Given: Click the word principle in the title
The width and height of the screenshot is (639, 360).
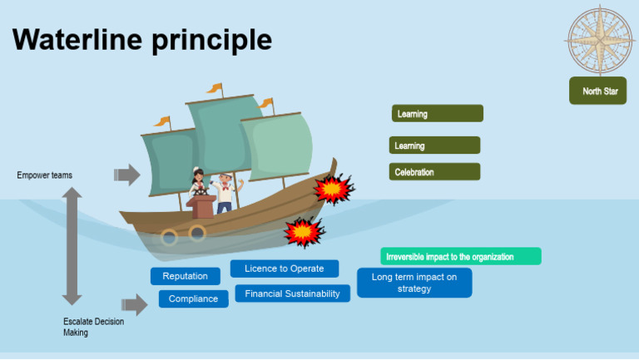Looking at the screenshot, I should click(x=211, y=39).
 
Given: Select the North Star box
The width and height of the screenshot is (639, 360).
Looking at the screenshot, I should click(x=598, y=91).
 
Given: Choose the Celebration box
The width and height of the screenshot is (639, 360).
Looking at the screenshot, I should click(x=434, y=172).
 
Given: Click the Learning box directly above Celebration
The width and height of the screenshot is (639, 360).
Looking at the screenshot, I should click(x=434, y=145).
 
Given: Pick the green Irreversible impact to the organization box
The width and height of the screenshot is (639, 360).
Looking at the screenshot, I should click(x=461, y=257).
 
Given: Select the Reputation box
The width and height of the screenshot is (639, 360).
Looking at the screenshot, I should click(x=185, y=276).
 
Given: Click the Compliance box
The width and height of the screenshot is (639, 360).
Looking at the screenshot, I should click(x=193, y=298).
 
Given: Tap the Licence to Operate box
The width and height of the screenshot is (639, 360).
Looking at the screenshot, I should click(x=284, y=269).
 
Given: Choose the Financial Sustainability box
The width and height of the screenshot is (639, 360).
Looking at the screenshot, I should click(x=292, y=293).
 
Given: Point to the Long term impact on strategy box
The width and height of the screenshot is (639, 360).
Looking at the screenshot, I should click(x=414, y=283).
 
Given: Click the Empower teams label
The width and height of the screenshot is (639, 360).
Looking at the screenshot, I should click(x=44, y=175).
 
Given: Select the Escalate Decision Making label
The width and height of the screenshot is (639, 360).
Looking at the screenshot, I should click(x=93, y=327).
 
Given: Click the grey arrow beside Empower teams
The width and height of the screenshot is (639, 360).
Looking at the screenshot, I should click(x=127, y=175).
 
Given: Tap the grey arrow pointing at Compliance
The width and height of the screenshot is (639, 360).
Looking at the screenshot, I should click(x=135, y=303).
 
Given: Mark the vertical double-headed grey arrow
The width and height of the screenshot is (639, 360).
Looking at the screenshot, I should click(x=72, y=245).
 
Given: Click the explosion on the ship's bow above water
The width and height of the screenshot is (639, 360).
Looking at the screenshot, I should click(x=333, y=190).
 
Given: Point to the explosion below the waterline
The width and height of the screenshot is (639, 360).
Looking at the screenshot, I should click(x=303, y=231).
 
